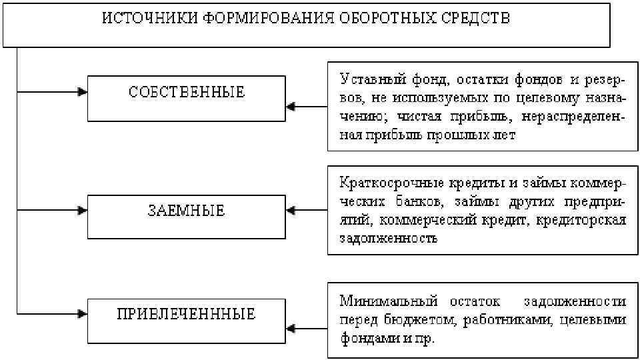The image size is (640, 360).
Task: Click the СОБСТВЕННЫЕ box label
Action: (x=187, y=92)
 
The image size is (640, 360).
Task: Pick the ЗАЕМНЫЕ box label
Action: (x=187, y=211)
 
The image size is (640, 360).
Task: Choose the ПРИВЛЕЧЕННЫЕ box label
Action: (x=187, y=313)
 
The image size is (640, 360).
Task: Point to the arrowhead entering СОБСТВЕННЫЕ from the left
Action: (x=82, y=91)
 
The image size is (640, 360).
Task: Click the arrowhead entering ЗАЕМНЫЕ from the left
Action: (x=82, y=211)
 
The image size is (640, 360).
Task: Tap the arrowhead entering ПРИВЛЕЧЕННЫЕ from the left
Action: (x=82, y=313)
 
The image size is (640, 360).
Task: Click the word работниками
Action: (x=508, y=320)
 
